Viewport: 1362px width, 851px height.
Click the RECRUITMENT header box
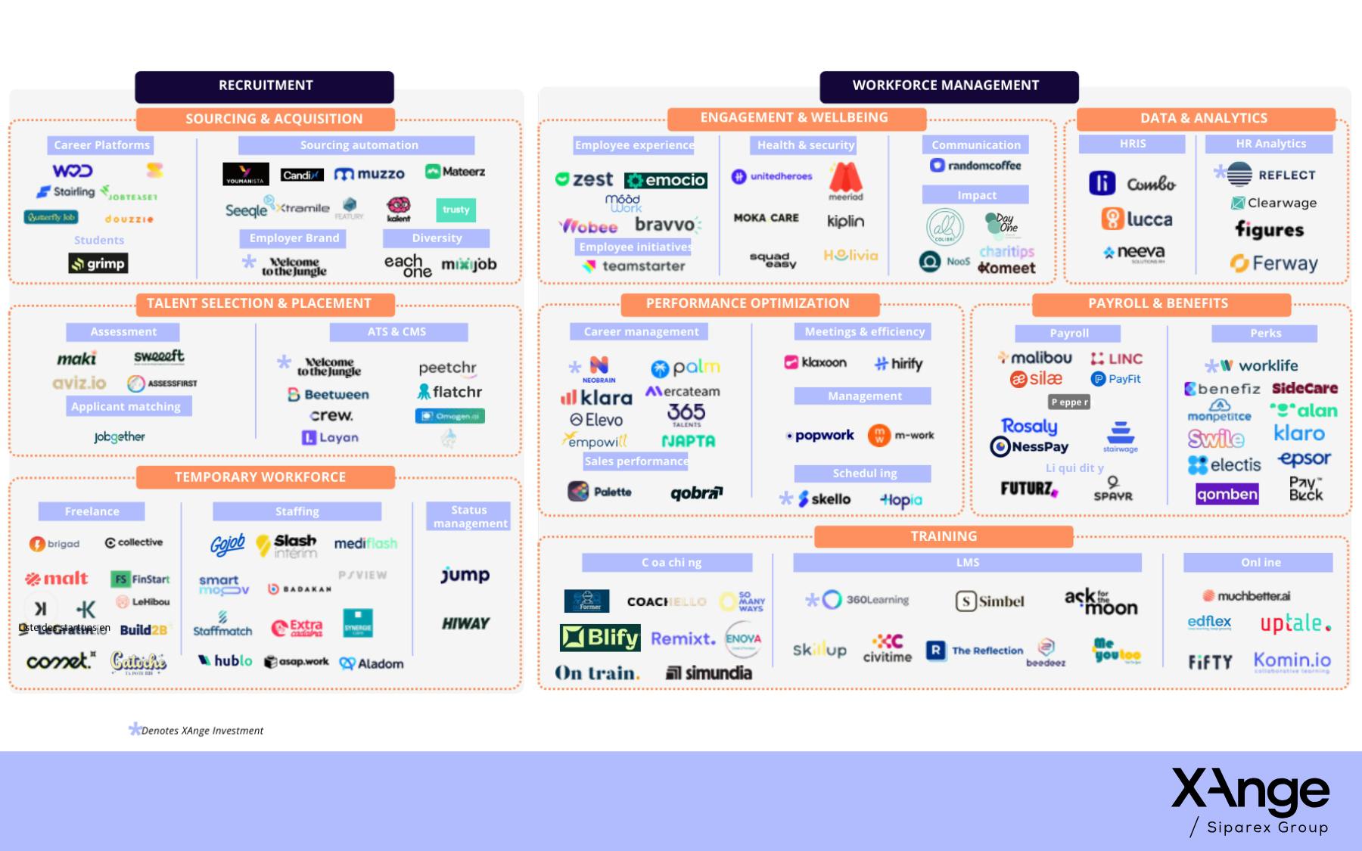pos(265,86)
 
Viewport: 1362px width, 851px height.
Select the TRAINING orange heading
pos(943,536)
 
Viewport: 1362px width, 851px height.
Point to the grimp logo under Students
pos(98,263)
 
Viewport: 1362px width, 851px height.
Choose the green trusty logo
pos(456,210)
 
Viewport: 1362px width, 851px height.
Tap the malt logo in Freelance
pos(57,579)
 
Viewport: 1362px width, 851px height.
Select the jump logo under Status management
pos(465,575)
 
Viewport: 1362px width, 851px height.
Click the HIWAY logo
pos(465,623)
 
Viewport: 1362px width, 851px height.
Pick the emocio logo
pos(666,180)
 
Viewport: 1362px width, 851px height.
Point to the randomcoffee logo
pos(976,166)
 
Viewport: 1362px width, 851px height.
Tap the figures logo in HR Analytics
pos(1269,229)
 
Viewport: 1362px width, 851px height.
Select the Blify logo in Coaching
pos(600,638)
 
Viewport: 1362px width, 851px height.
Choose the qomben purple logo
pos(1227,495)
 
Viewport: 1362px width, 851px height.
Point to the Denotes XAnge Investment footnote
pos(197,731)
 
